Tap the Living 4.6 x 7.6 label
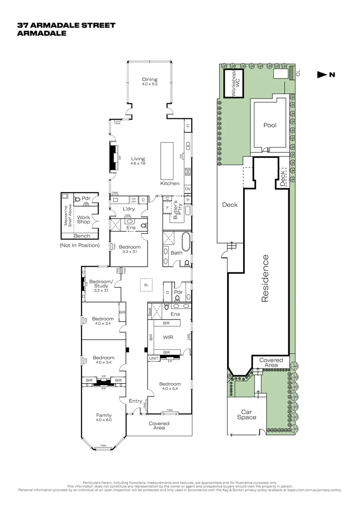pos(138,161)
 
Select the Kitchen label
pos(169,183)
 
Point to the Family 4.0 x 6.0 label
pos(104,417)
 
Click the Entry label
pos(136,401)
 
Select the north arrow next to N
pos(322,74)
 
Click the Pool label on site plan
pos(270,125)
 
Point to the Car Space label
pos(246,414)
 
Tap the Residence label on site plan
pos(265,278)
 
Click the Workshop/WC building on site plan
pos(233,83)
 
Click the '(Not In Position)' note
pos(79,246)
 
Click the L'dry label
pos(129,209)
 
